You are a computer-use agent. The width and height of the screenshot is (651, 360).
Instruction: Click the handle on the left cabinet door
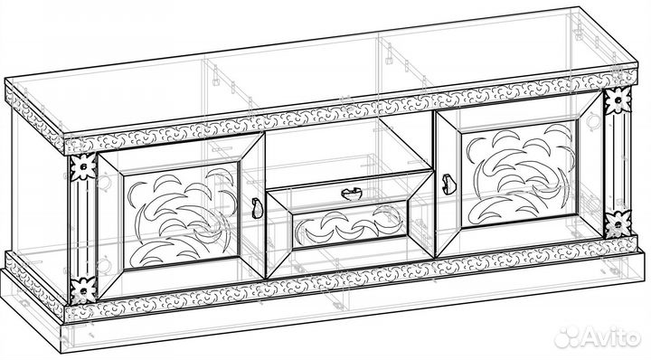(x=257, y=208)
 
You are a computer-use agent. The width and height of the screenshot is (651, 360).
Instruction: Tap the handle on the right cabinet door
(x=448, y=185)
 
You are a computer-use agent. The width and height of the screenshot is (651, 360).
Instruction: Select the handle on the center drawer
(x=351, y=194)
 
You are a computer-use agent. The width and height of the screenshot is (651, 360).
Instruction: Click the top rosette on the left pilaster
(x=82, y=167)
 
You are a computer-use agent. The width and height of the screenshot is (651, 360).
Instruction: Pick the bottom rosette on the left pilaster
(x=83, y=290)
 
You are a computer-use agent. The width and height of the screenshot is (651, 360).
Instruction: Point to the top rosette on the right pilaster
(x=618, y=100)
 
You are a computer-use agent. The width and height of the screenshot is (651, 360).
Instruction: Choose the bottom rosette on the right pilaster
(x=618, y=224)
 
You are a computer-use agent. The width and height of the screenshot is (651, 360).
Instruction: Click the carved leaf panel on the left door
(x=182, y=214)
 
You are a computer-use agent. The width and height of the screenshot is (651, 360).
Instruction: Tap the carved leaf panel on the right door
(x=519, y=174)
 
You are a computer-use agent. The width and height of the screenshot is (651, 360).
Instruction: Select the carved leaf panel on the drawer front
(x=350, y=227)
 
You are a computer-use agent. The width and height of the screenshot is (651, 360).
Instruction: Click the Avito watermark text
(x=611, y=336)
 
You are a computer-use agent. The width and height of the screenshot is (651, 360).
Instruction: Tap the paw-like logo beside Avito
(x=568, y=336)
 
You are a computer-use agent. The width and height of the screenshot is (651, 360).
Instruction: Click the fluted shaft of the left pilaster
(x=82, y=228)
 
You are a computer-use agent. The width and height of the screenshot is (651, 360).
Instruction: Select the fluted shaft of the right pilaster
(x=618, y=163)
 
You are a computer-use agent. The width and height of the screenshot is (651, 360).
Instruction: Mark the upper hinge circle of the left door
(x=103, y=182)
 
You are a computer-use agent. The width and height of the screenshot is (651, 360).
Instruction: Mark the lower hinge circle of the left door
(x=103, y=265)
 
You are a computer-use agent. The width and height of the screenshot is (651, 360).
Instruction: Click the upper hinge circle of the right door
(x=594, y=120)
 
